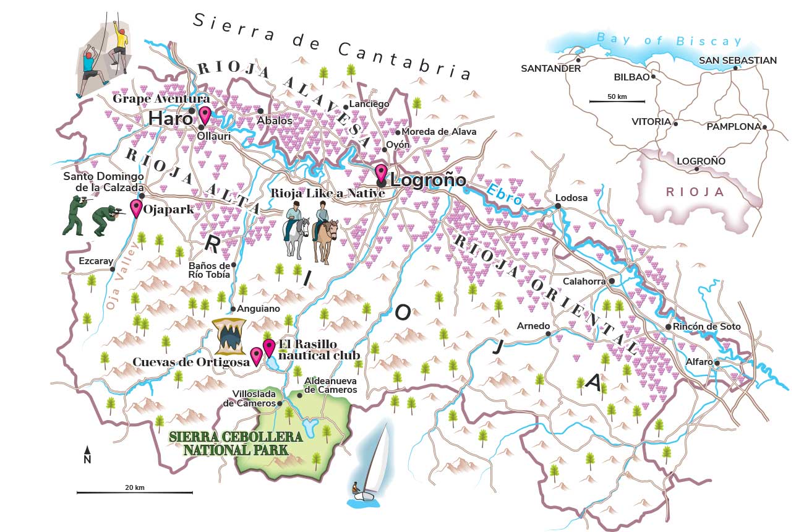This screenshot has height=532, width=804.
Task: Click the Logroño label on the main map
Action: coord(428,181)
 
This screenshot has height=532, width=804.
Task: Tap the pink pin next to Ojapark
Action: coord(135,208)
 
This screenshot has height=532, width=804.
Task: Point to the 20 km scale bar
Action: coord(134,492)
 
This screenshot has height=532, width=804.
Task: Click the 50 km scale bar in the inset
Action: coord(617,101)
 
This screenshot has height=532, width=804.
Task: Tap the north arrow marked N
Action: coord(87,455)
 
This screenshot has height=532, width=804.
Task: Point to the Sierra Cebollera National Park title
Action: coord(236,443)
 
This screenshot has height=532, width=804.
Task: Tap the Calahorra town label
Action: coord(584,281)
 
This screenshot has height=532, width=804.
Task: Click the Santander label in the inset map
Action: coord(550,69)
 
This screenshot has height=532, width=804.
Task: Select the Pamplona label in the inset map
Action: coord(733,127)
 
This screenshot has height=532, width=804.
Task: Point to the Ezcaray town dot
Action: coord(113,269)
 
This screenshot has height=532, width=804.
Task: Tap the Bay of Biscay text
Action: coord(669,41)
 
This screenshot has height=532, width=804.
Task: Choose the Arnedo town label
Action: coord(532,326)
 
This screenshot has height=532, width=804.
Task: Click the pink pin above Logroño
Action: coord(381,172)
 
